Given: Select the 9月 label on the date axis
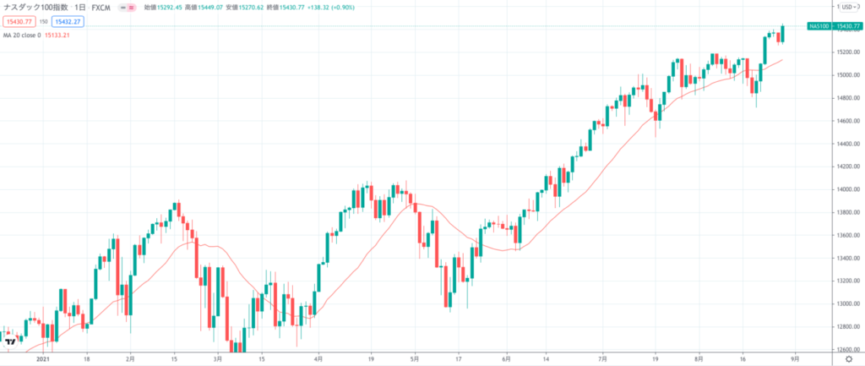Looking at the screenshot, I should pos(793,358).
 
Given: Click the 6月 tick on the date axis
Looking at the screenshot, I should pos(506,358).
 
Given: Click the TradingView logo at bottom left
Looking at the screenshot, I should pos(12,341).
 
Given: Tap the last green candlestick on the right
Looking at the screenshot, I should pos(782,34).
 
